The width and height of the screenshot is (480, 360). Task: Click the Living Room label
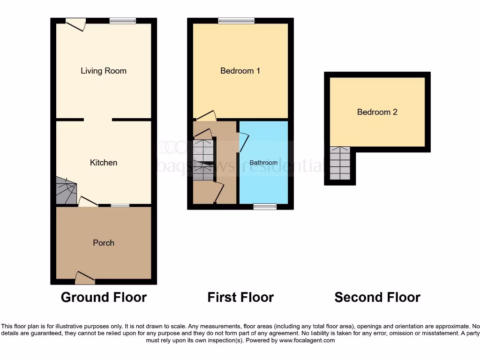104,71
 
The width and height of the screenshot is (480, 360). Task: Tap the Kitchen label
104,163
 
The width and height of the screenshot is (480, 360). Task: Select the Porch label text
104,243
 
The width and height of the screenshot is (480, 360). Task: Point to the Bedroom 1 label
240,71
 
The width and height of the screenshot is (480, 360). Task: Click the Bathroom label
263,163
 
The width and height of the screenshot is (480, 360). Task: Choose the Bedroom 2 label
377,112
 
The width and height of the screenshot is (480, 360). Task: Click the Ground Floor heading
104,297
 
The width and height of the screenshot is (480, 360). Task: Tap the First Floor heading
240,297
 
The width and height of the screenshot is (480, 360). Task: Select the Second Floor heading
377,297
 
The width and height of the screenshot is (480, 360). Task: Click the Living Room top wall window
123,21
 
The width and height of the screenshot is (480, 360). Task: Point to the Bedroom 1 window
236,21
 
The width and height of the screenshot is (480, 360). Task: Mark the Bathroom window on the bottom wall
265,206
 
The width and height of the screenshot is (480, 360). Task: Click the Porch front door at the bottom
85,278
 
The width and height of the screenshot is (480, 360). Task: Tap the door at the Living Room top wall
76,23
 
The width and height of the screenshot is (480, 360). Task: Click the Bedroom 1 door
206,116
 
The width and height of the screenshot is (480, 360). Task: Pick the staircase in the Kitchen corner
66,191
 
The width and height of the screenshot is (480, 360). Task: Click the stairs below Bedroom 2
340,164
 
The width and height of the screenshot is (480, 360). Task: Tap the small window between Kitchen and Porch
120,205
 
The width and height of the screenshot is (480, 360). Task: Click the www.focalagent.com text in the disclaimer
307,340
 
